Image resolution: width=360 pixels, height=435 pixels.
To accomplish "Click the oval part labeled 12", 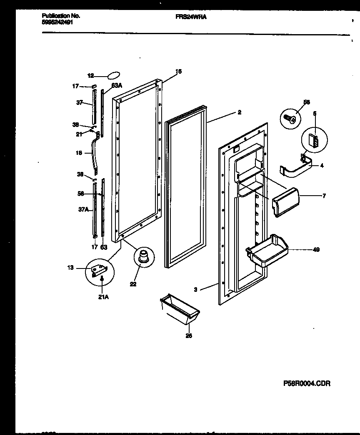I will click(x=113, y=75).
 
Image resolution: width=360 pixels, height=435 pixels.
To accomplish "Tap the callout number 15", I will click(x=178, y=72).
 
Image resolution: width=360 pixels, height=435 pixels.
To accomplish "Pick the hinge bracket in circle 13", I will click(x=100, y=271).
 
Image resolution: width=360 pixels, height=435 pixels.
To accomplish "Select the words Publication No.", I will click(x=61, y=16).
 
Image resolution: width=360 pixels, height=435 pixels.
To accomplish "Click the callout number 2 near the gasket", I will click(x=240, y=112).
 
